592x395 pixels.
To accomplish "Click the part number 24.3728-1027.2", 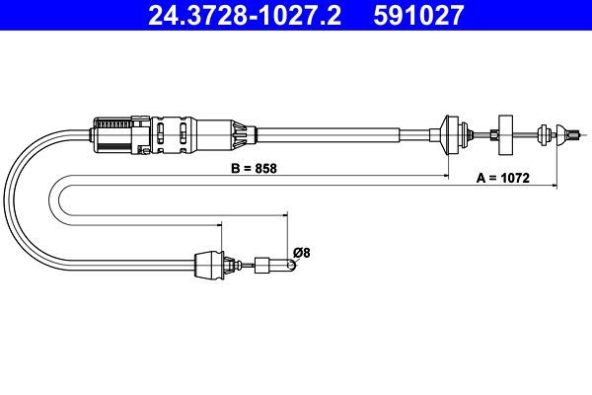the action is (x=245, y=15).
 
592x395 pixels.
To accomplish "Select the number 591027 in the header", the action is (x=418, y=15).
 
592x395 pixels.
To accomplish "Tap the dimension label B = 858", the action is (x=254, y=168).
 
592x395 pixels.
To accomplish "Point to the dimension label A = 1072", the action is (x=503, y=178).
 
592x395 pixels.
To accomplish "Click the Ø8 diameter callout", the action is (x=301, y=252).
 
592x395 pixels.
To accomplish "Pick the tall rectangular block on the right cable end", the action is (x=506, y=135).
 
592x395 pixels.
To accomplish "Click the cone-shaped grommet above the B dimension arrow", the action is (x=449, y=135).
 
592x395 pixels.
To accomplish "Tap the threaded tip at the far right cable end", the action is (x=574, y=135).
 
